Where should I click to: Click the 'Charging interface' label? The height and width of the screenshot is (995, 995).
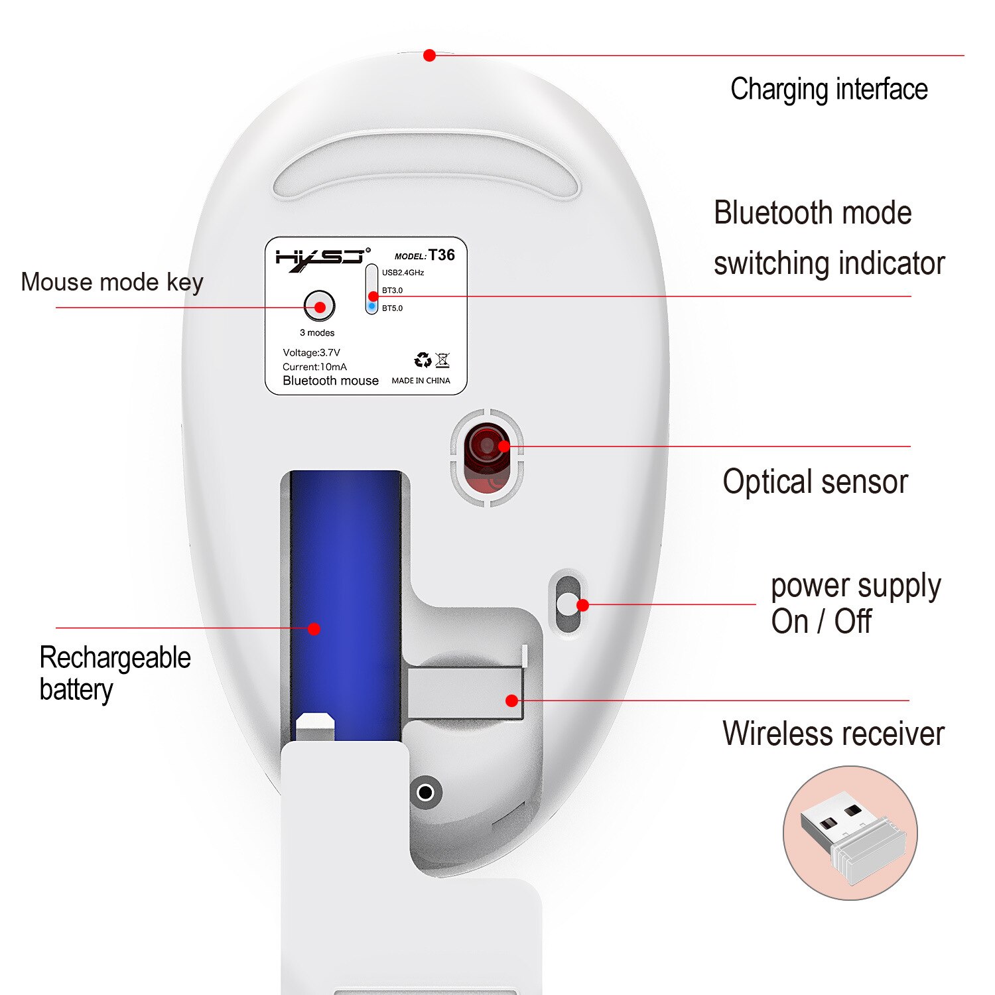(x=829, y=90)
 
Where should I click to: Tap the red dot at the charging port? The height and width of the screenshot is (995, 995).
(x=429, y=56)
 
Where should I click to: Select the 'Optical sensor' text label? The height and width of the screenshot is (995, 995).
(x=815, y=482)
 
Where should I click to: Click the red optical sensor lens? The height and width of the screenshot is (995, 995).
(x=487, y=446)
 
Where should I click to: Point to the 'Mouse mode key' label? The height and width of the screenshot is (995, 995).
(x=111, y=282)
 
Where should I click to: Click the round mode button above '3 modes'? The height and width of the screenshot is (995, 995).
(x=319, y=306)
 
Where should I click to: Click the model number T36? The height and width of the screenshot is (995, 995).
(x=441, y=255)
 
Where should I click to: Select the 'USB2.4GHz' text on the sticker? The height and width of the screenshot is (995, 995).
(x=403, y=273)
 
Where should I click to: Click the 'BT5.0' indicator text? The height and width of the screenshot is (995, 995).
(x=392, y=308)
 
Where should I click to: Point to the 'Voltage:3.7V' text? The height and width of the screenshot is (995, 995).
(x=311, y=353)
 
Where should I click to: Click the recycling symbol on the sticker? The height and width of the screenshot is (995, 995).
(x=422, y=360)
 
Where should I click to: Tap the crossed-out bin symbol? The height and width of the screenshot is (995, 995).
(x=443, y=360)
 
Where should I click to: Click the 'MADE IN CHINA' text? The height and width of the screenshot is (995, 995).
(x=421, y=381)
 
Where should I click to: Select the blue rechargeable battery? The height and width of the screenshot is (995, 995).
(x=346, y=597)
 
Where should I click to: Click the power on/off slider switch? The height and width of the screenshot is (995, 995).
(x=567, y=604)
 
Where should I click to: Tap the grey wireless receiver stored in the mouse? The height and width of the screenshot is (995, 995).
(x=464, y=693)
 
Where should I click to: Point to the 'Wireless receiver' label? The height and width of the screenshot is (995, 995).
(x=833, y=734)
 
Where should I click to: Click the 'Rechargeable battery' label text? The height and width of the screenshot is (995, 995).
(x=114, y=673)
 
